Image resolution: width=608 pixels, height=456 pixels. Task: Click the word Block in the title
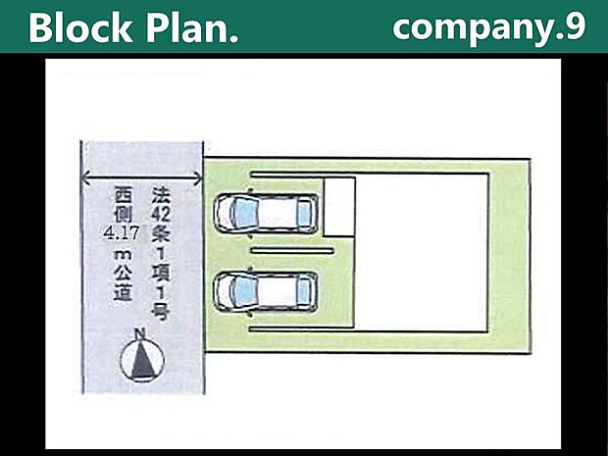[x=80, y=28]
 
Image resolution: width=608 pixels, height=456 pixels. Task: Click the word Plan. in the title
[x=189, y=28]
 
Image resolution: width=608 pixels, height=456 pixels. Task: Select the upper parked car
[x=266, y=212]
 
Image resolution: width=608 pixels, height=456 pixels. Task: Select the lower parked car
[x=266, y=290]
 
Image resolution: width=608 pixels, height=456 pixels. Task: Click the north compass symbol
[x=138, y=361]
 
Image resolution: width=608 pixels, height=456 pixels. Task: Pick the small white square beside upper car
[x=338, y=206]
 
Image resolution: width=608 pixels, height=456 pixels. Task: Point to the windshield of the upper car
[x=242, y=212]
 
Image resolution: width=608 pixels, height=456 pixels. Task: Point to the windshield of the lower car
[x=242, y=290]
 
